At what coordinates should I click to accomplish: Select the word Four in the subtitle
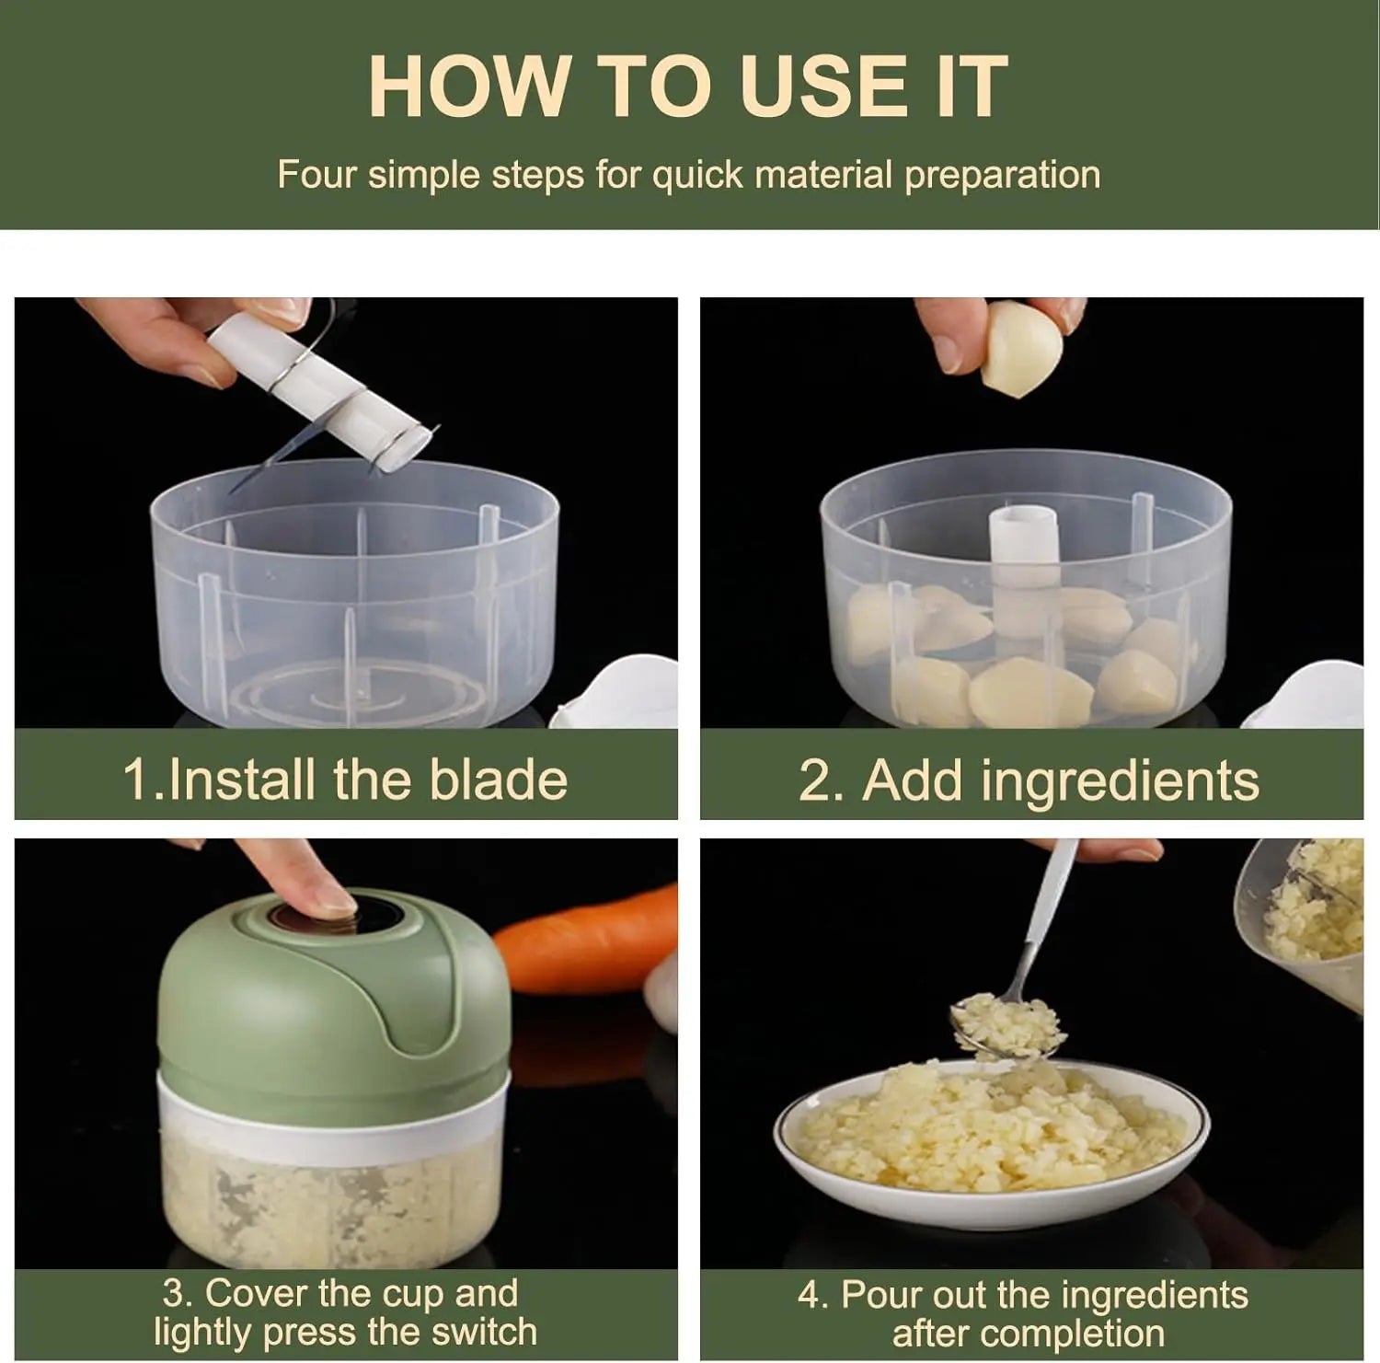[x=316, y=175]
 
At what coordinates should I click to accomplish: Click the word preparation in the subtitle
[x=1002, y=176]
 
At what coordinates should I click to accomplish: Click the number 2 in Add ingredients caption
[x=815, y=781]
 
